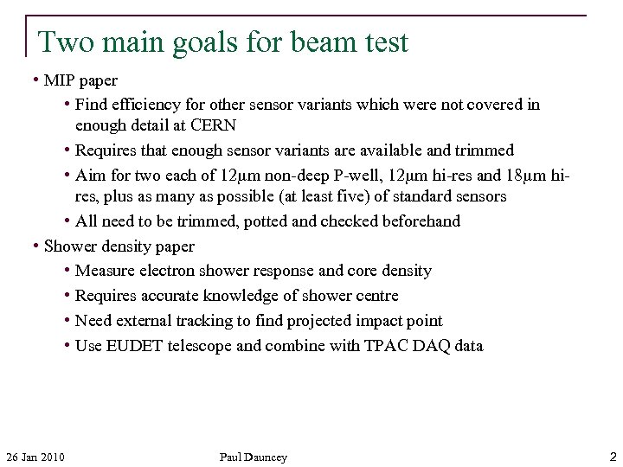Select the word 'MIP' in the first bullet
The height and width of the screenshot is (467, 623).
point(60,80)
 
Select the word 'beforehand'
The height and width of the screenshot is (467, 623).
point(418,221)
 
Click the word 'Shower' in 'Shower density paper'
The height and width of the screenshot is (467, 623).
point(69,246)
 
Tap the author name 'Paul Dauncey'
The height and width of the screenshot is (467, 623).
point(253,457)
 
